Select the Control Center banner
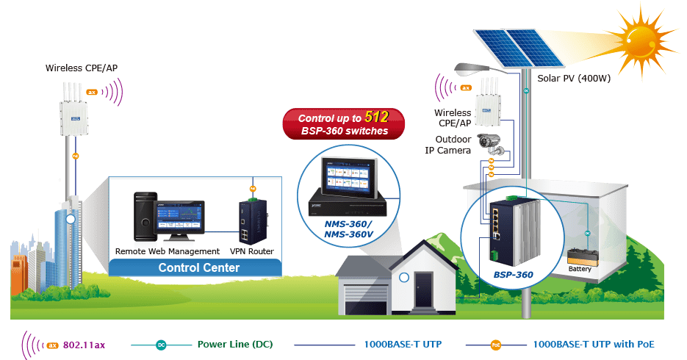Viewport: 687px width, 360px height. [x=198, y=267]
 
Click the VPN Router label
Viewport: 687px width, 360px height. [x=252, y=251]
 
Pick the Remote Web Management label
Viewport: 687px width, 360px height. [x=168, y=251]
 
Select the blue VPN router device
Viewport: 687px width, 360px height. [x=252, y=220]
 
